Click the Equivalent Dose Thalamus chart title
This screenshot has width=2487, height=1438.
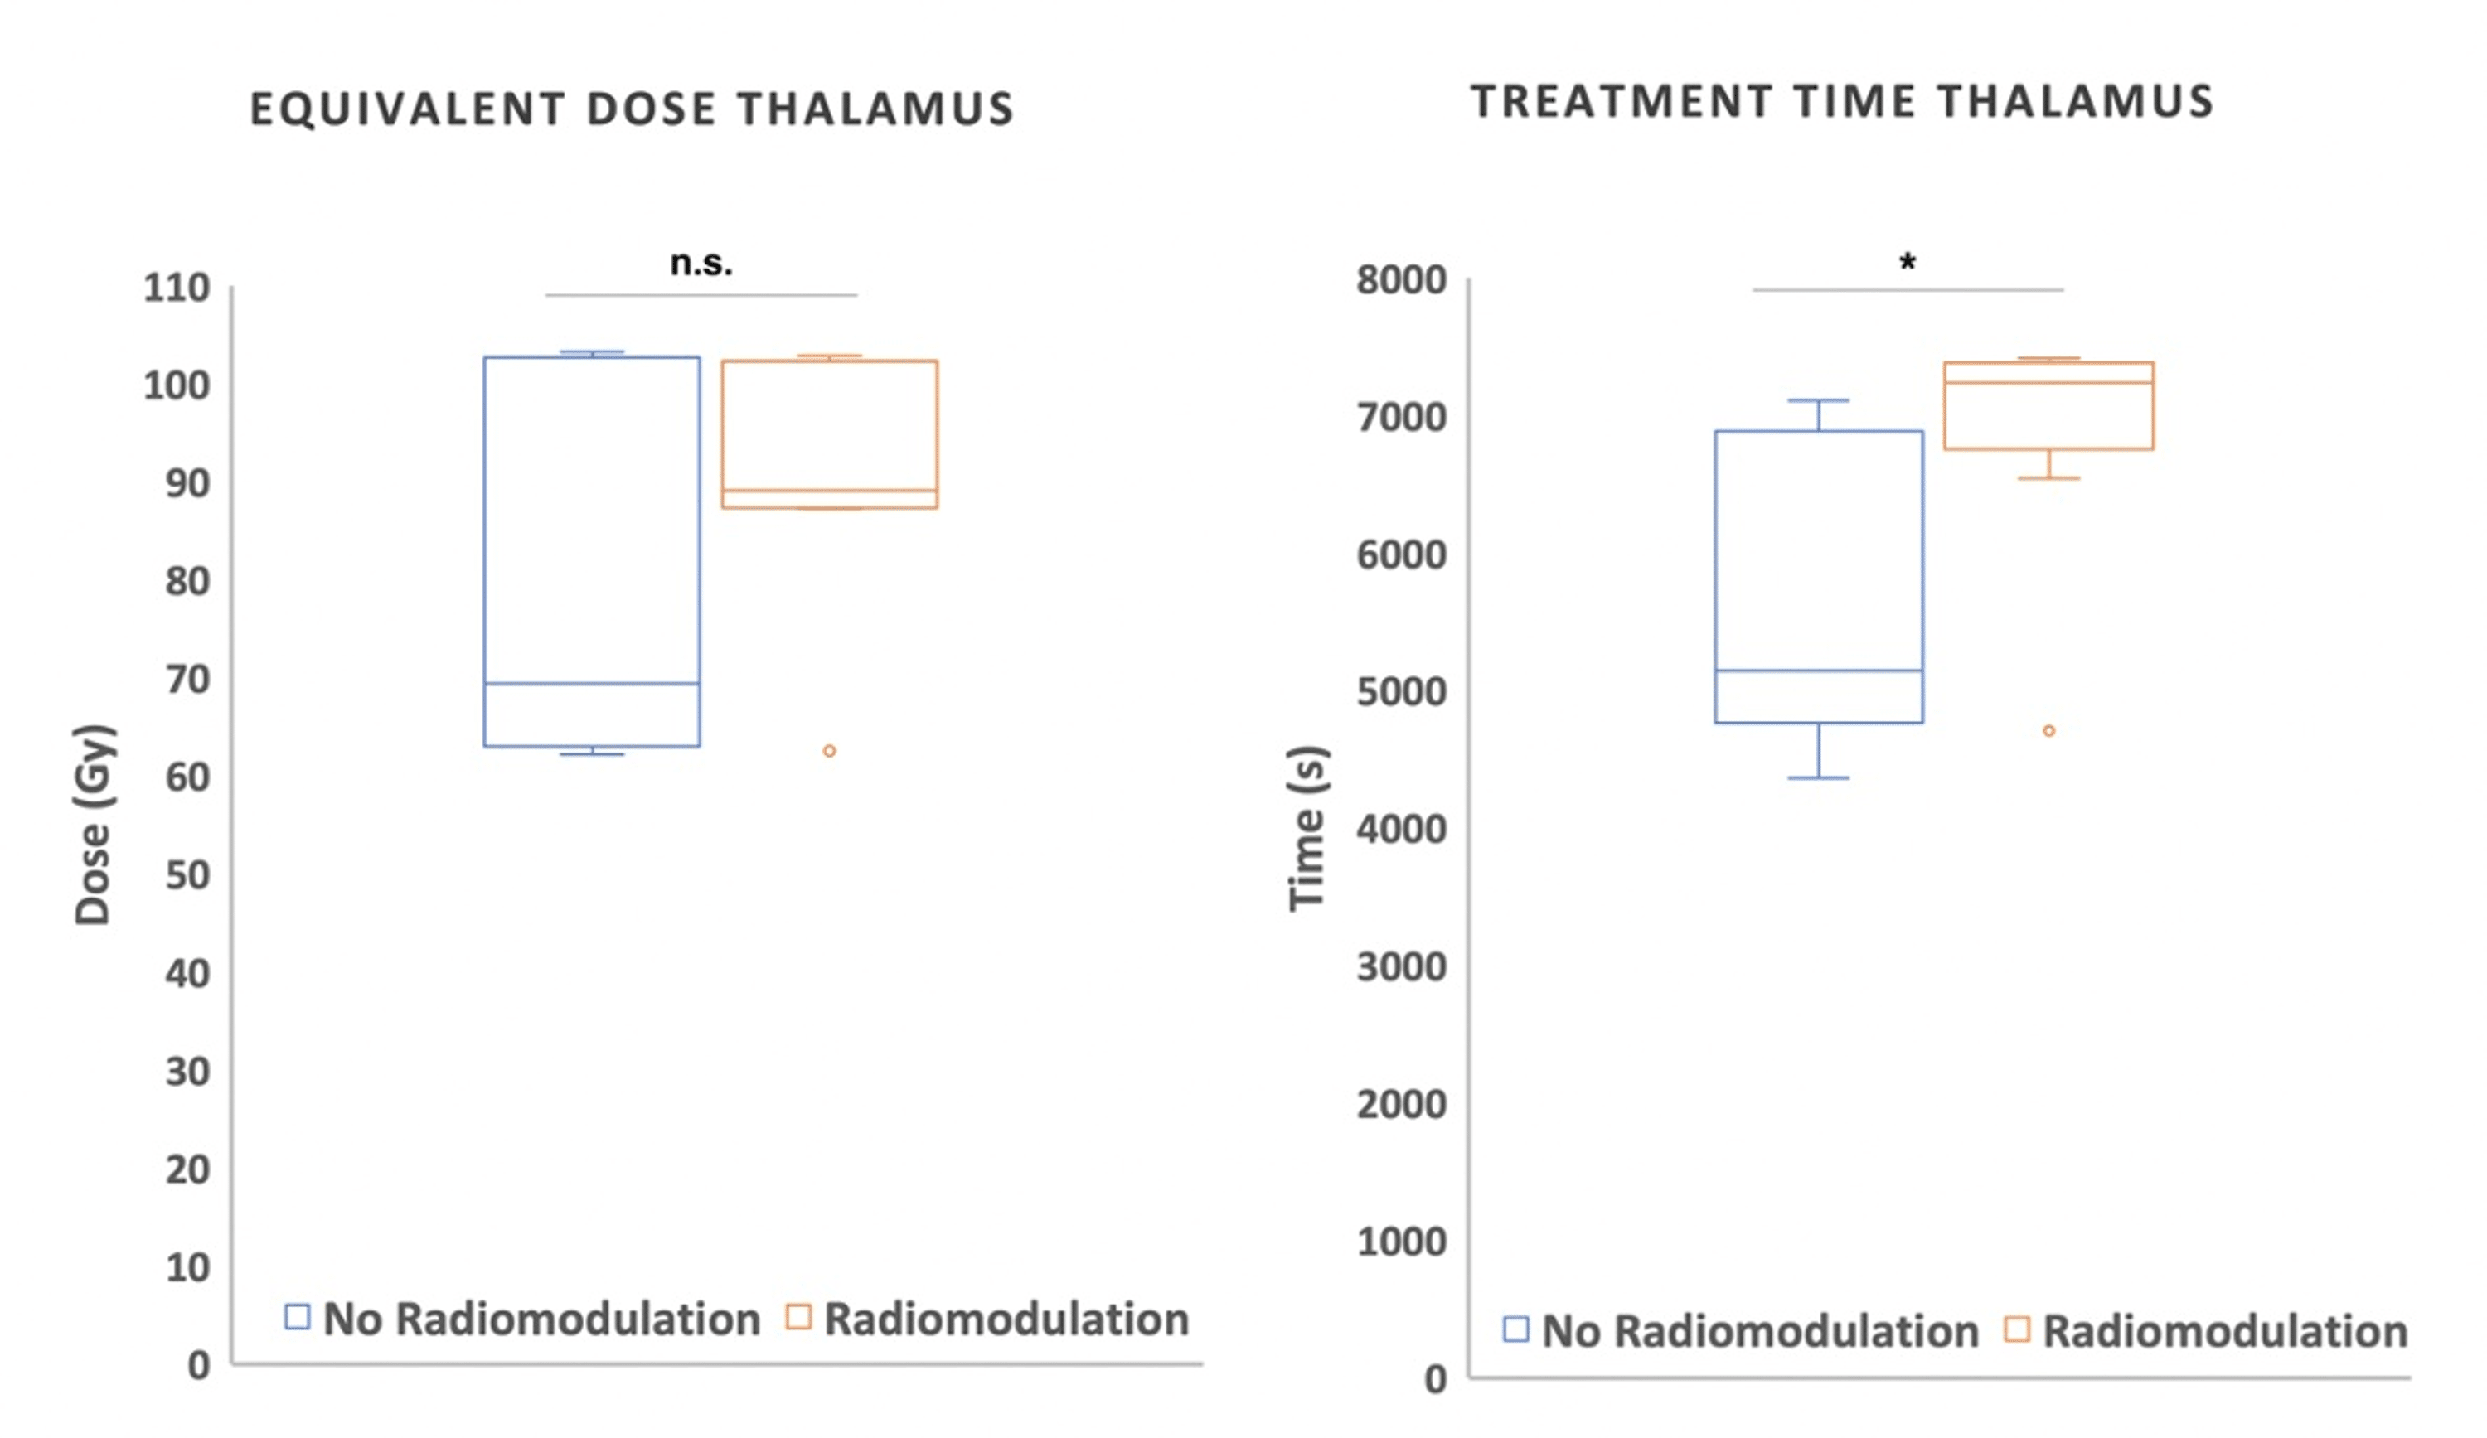pyautogui.click(x=632, y=109)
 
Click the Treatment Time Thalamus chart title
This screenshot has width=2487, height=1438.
pyautogui.click(x=1841, y=102)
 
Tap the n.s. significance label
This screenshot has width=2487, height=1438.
pyautogui.click(x=701, y=264)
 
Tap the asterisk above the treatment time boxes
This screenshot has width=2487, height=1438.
pyautogui.click(x=1907, y=263)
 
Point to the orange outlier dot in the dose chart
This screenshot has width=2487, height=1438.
pyautogui.click(x=829, y=751)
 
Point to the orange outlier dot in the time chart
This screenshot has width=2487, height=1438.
pyautogui.click(x=2048, y=730)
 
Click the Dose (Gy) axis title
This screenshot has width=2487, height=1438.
pyautogui.click(x=94, y=824)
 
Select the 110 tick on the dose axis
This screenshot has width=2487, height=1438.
pyautogui.click(x=177, y=288)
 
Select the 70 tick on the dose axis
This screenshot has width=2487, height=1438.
pyautogui.click(x=187, y=679)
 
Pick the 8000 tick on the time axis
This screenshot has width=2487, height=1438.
pyautogui.click(x=1400, y=280)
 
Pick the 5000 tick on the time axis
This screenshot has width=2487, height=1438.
pyautogui.click(x=1400, y=692)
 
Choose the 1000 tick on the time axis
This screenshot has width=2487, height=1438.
pyautogui.click(x=1400, y=1242)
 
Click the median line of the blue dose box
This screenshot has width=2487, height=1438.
pyautogui.click(x=591, y=683)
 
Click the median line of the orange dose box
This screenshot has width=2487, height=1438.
pyautogui.click(x=829, y=491)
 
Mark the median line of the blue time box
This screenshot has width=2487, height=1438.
pyautogui.click(x=1818, y=671)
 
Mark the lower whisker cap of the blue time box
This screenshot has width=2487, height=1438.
pyautogui.click(x=1818, y=777)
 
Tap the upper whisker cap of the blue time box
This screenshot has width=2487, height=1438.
pyautogui.click(x=1818, y=400)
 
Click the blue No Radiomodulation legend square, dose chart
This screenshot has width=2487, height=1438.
pyautogui.click(x=297, y=1317)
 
